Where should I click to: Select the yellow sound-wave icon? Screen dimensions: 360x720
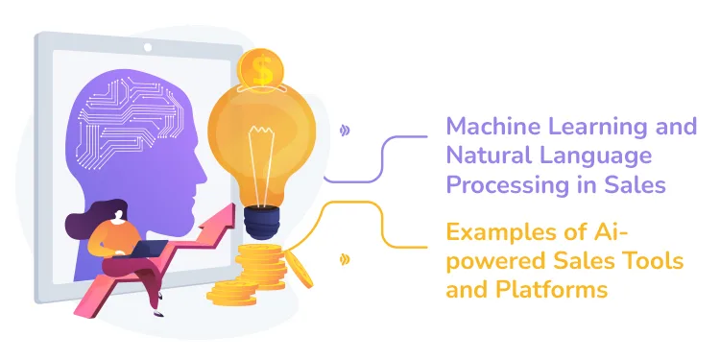point(345,259)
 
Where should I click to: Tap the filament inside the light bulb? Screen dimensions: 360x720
point(262,154)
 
